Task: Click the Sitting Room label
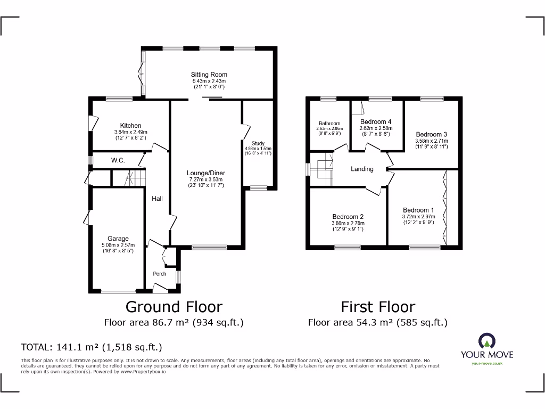(x=209, y=75)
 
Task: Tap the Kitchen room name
(x=130, y=126)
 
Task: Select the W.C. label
(x=118, y=160)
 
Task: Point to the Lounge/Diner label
(x=205, y=173)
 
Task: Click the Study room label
(x=258, y=143)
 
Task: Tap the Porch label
(x=160, y=274)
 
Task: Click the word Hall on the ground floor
(x=157, y=199)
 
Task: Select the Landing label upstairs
(x=362, y=169)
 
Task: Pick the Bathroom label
(x=329, y=124)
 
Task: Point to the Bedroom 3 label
(x=431, y=134)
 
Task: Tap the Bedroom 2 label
(x=348, y=217)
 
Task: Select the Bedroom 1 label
(x=418, y=210)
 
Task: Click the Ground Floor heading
(x=174, y=307)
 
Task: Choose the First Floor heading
(x=378, y=307)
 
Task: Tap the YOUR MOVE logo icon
(x=487, y=341)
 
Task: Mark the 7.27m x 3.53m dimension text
(x=205, y=179)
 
